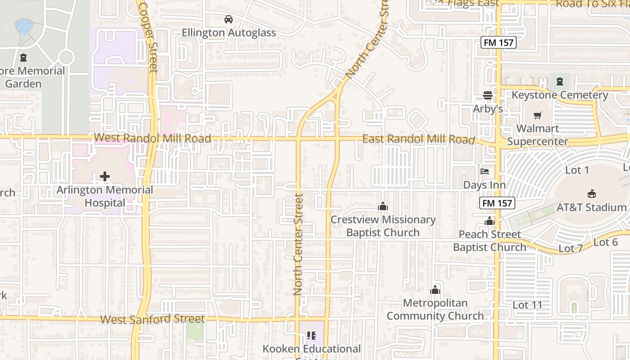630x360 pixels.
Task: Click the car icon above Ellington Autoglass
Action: click(229, 19)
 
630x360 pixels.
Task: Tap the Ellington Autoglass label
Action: click(229, 33)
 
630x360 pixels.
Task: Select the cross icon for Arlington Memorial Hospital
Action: click(105, 176)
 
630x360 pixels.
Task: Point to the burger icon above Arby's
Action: click(488, 95)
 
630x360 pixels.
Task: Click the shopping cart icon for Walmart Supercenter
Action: click(538, 115)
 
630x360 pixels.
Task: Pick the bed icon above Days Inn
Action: click(485, 171)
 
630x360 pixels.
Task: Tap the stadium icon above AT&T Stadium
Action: click(591, 194)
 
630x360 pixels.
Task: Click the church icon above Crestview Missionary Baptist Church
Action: click(383, 206)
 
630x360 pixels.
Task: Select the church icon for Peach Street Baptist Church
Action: click(490, 221)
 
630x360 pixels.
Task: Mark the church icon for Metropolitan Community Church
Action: click(435, 290)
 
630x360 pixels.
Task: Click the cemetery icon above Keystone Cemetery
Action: click(559, 81)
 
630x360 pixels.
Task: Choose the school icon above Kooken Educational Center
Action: click(310, 335)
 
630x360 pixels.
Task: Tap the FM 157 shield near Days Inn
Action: click(497, 203)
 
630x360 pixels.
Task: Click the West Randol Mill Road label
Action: click(152, 138)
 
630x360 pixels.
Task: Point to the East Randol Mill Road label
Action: click(418, 139)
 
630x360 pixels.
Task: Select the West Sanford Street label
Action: click(152, 319)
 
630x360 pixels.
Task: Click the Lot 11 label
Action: click(527, 305)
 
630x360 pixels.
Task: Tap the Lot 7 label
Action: click(570, 248)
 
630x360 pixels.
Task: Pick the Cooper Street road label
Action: click(149, 36)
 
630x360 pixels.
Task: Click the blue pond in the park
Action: click(23, 26)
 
